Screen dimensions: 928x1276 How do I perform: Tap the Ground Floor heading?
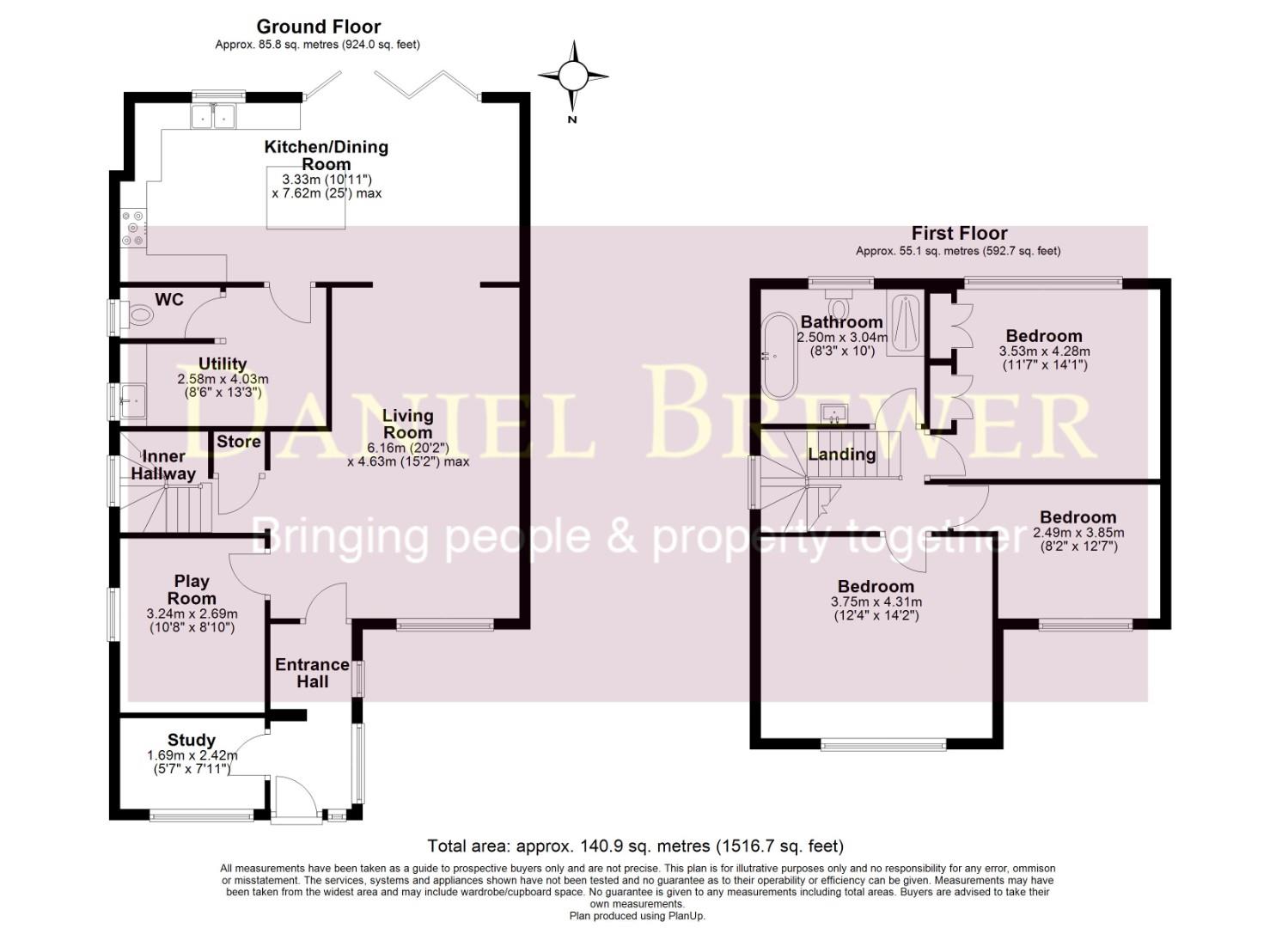[x=318, y=27]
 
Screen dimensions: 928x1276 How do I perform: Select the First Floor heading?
[x=959, y=233]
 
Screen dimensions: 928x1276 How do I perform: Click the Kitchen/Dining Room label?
[x=326, y=155]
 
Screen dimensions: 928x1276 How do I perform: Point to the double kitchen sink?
[x=212, y=115]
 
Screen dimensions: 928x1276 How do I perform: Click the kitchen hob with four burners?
[x=134, y=229]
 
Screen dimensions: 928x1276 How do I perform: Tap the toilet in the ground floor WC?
[x=137, y=317]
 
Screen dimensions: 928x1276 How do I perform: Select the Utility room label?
[x=223, y=363]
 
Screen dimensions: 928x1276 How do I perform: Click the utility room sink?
[x=133, y=400]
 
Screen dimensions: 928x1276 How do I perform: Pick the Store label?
[x=238, y=442]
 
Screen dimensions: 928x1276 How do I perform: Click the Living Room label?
[x=408, y=424]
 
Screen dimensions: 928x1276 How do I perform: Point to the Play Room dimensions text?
[x=192, y=620]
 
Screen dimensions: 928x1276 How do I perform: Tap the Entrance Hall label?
[x=312, y=673]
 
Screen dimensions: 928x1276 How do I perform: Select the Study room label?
[x=192, y=740]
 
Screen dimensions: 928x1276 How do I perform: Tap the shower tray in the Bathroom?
[x=906, y=324]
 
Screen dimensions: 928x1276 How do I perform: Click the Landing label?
[x=841, y=454]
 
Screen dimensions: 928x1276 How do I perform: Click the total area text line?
[x=636, y=846]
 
